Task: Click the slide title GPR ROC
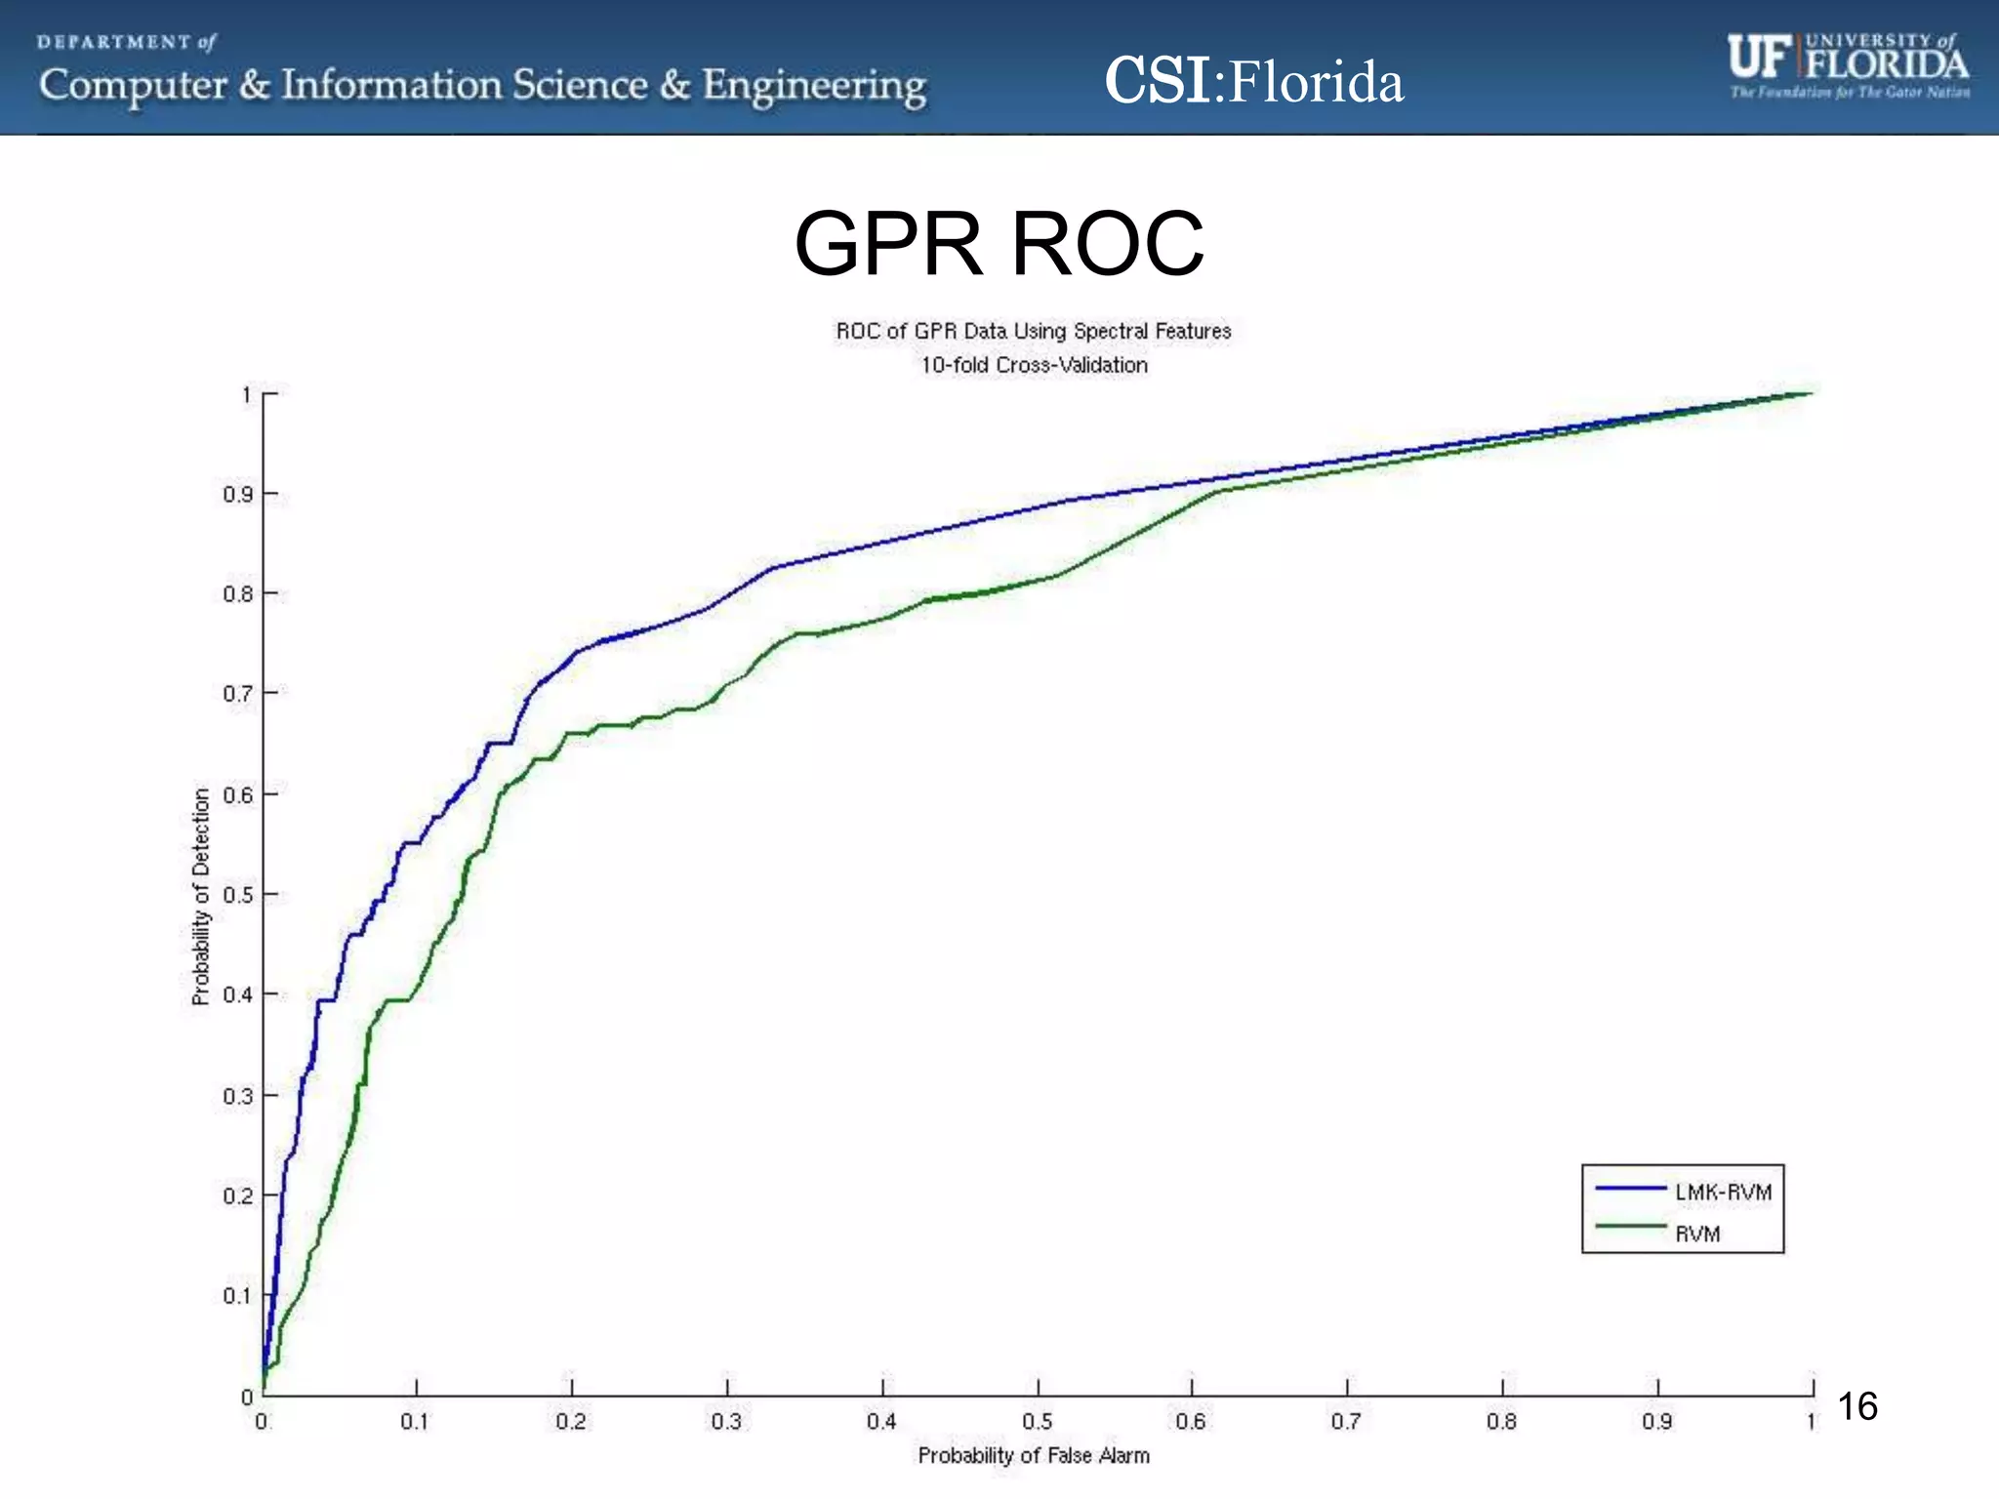tap(999, 244)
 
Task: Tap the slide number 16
tap(1856, 1407)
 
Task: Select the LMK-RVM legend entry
tap(1723, 1192)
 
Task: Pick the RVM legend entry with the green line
tap(1697, 1234)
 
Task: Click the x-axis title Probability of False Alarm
tap(1034, 1455)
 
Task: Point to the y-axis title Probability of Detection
tap(201, 896)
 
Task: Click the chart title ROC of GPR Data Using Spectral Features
tap(1034, 332)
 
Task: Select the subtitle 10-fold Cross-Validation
tap(1034, 365)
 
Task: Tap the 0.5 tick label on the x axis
tap(1037, 1422)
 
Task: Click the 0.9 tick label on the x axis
tap(1656, 1422)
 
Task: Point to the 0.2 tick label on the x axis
tap(571, 1422)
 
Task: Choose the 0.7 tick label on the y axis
tap(237, 694)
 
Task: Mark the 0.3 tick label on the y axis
tap(237, 1096)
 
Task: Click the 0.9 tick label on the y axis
tap(237, 495)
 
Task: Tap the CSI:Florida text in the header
tap(1254, 81)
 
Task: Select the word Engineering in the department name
tap(814, 86)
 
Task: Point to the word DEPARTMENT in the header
tap(114, 42)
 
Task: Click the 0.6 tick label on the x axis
tap(1191, 1422)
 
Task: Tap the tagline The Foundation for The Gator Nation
tap(1850, 93)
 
